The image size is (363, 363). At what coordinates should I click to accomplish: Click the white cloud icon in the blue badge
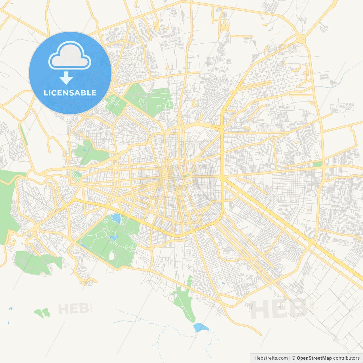pos(70,56)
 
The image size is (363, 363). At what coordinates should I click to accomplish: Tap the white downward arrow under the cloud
pos(66,78)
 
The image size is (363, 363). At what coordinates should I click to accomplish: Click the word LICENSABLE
pos(70,93)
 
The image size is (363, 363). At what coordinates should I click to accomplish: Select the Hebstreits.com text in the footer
pos(271,358)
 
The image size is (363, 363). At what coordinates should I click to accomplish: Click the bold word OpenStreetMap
pos(314,358)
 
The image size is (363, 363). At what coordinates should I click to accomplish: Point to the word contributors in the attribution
pos(346,358)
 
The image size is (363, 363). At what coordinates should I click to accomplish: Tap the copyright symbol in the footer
pos(294,358)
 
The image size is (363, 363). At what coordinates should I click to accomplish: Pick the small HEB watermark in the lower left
pos(73,309)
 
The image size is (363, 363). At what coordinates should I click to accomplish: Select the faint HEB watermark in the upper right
pos(282,50)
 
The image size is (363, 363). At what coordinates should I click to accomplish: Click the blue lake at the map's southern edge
pos(200,328)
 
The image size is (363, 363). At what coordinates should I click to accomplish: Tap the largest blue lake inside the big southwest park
pos(116,218)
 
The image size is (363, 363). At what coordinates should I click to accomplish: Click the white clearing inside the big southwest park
pos(112,256)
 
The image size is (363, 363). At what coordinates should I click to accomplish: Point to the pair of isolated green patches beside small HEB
pos(42,313)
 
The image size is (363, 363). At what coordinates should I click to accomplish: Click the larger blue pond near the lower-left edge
pos(10,309)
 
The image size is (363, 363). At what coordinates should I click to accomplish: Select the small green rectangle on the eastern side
pos(318,164)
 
